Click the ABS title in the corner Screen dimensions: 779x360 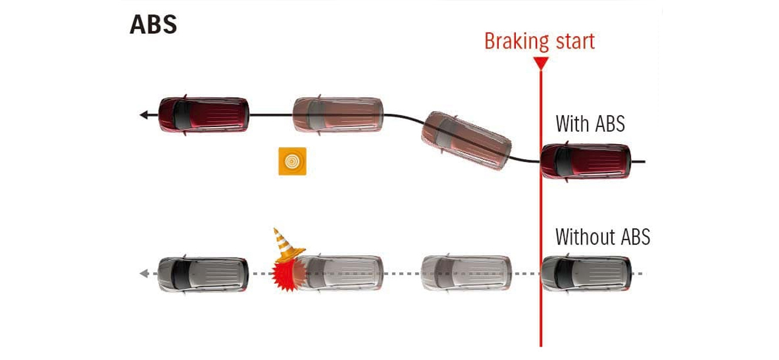[x=153, y=25]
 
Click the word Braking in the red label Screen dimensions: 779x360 [x=517, y=42]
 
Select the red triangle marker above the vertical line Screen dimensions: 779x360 [x=541, y=63]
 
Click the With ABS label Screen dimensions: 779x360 [x=590, y=124]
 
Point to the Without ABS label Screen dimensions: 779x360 [x=603, y=237]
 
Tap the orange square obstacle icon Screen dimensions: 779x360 [x=292, y=161]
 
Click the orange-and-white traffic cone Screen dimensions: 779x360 [x=288, y=245]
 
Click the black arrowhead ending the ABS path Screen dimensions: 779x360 [x=143, y=115]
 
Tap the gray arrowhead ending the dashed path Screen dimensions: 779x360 [x=144, y=273]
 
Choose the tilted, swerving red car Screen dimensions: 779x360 [x=466, y=140]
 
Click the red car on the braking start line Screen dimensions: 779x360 [x=586, y=162]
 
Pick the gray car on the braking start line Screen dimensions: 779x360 [x=586, y=273]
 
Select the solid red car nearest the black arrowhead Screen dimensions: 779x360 [x=203, y=115]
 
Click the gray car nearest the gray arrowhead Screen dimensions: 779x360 [x=203, y=274]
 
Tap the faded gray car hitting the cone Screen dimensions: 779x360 [x=339, y=273]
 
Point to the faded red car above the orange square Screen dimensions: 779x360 [x=338, y=115]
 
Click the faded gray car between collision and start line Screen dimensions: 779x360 [x=466, y=273]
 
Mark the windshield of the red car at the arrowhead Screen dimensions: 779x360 [x=182, y=115]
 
